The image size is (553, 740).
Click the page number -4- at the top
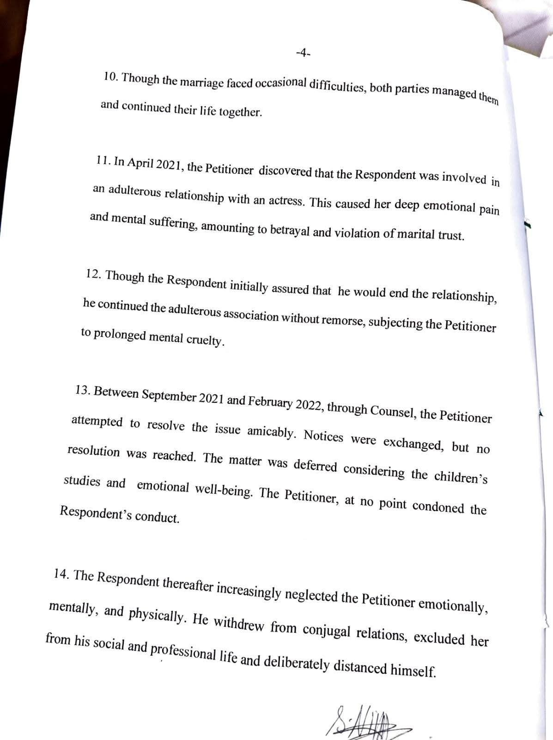303,54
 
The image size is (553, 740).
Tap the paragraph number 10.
110,77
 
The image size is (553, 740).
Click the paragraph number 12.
94,274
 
